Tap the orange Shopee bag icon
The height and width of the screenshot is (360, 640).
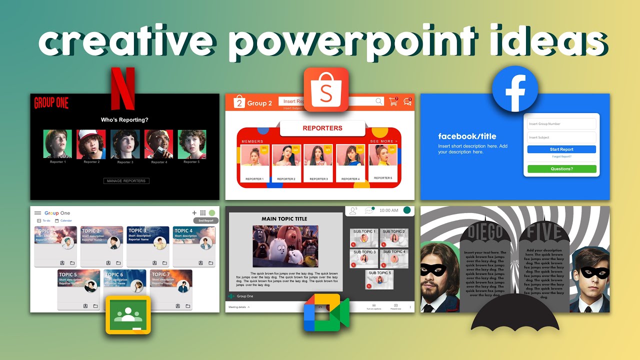[325, 89]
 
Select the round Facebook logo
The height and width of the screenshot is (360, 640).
[514, 89]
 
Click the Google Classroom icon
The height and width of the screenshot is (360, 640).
[128, 314]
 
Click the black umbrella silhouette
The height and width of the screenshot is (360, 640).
[515, 312]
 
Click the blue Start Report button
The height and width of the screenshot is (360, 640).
[561, 149]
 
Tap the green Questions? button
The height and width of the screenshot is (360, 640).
[561, 169]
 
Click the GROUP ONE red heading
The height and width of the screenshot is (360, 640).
[51, 103]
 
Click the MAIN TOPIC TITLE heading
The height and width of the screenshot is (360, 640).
[284, 219]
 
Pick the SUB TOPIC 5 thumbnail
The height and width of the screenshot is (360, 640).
[379, 280]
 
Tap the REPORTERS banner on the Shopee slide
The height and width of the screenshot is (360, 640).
[322, 128]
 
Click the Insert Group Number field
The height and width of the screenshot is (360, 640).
[561, 124]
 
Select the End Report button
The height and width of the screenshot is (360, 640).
[206, 220]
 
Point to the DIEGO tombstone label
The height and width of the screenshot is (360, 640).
[484, 233]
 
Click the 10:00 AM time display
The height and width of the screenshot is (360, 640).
[388, 210]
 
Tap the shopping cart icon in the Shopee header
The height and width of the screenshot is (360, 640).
[393, 101]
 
